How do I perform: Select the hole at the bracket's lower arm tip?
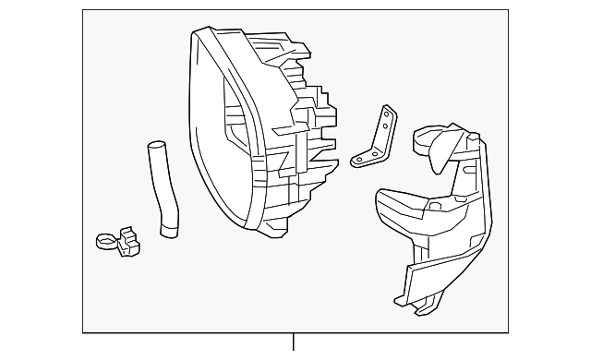tap(357, 160)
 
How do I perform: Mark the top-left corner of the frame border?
tap(83, 10)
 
